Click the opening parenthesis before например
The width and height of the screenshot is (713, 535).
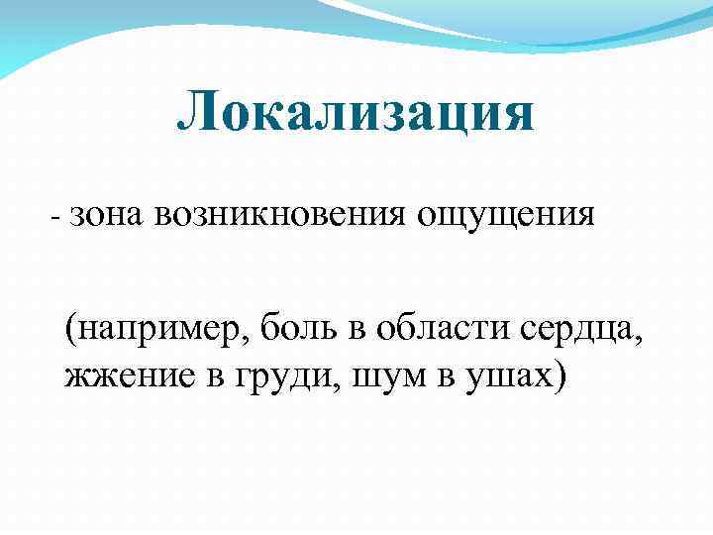(70, 329)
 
